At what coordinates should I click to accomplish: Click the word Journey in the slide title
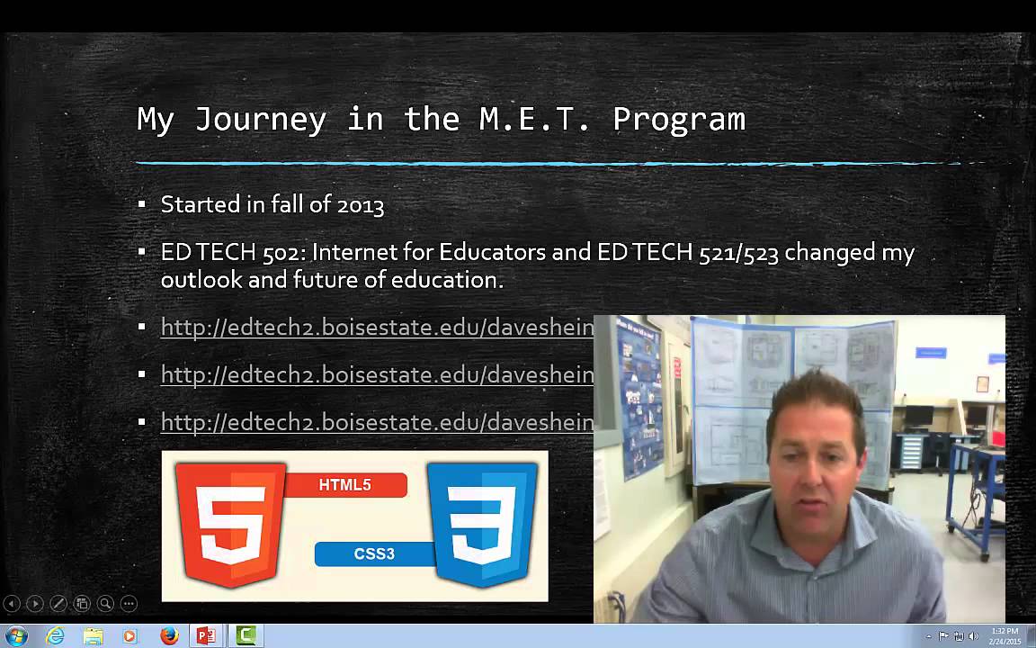coord(260,119)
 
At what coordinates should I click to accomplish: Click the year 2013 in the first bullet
coord(361,205)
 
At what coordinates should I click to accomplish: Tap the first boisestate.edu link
coord(377,328)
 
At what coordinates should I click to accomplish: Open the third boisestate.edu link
coord(377,422)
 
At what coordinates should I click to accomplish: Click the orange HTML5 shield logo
coord(230,525)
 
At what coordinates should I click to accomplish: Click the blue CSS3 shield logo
coord(482,525)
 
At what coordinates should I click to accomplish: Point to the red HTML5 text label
coord(345,485)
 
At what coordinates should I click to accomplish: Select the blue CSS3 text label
coord(374,553)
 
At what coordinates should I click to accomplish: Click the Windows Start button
coord(16,636)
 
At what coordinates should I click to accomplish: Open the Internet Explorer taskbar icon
coord(56,636)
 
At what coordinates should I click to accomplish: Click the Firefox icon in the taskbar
coord(169,636)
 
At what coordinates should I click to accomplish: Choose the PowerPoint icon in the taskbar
coord(207,636)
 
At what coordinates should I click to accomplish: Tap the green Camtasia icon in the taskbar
coord(246,636)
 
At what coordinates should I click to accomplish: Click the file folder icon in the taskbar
coord(94,636)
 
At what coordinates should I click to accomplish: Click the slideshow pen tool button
coord(58,604)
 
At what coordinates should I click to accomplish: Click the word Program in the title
coord(679,119)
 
